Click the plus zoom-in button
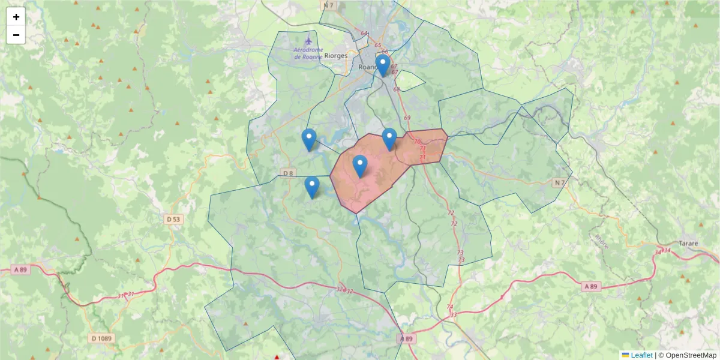[16, 17]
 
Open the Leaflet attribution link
[641, 355]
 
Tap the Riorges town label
[335, 55]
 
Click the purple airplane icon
[308, 40]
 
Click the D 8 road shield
[288, 173]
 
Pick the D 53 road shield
[173, 220]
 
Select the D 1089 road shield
[102, 338]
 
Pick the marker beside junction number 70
[389, 139]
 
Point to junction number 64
[364, 34]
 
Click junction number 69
[407, 118]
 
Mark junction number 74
[449, 307]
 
